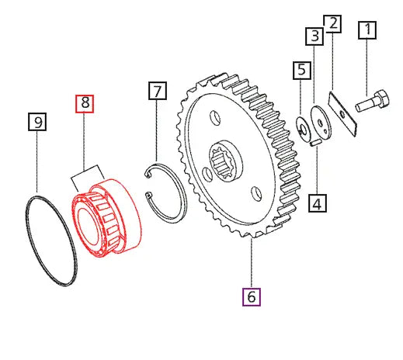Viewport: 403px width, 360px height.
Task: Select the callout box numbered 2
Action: [x=332, y=23]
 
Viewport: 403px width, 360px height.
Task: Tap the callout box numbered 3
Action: [x=314, y=36]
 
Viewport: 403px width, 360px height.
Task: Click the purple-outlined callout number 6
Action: [x=251, y=296]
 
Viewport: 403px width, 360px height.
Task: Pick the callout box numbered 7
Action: [x=158, y=92]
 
